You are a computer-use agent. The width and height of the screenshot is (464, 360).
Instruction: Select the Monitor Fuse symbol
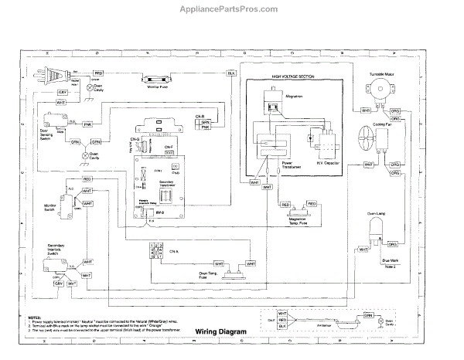pos(158,78)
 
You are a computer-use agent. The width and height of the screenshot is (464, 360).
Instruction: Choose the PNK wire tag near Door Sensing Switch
pos(87,123)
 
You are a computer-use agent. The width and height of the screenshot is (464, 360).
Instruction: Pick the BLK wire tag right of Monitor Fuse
pos(230,73)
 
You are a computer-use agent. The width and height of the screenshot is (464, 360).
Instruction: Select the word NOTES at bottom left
pos(34,317)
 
